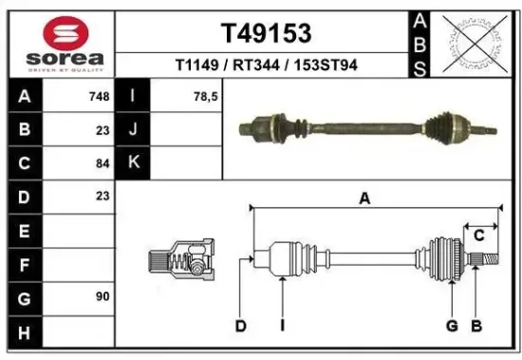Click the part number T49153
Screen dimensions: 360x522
pyautogui.click(x=266, y=33)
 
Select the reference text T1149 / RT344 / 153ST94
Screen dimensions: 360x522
pyautogui.click(x=266, y=65)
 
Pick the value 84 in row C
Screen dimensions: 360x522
pyautogui.click(x=102, y=162)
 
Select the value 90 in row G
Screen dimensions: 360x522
pyautogui.click(x=102, y=296)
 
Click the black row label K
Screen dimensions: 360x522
pyautogui.click(x=133, y=162)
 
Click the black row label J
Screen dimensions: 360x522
pyautogui.click(x=133, y=129)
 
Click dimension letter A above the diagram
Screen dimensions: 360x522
pyautogui.click(x=364, y=198)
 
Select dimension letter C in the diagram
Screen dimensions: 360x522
pyautogui.click(x=478, y=235)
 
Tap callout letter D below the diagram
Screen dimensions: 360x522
pyautogui.click(x=241, y=327)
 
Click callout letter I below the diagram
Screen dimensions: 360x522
pyautogui.click(x=282, y=327)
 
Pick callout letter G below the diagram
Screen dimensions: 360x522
pyautogui.click(x=452, y=327)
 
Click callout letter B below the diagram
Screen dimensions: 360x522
pyautogui.click(x=476, y=327)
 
